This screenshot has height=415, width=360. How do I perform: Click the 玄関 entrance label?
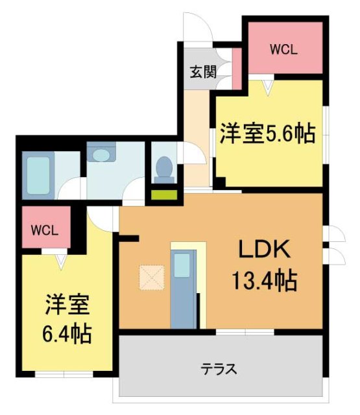[203, 72]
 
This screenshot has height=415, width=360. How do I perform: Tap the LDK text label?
[263, 250]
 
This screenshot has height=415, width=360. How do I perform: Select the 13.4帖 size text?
[265, 281]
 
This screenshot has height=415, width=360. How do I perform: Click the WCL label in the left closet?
[45, 230]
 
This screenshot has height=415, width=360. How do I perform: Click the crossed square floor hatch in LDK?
[152, 279]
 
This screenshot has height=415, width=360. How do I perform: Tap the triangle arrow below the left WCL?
[60, 261]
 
